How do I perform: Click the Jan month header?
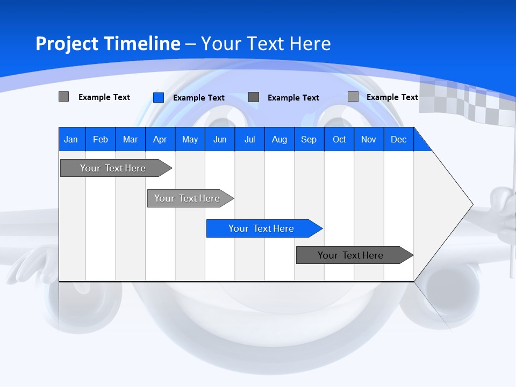point(71,139)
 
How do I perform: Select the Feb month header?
point(101,139)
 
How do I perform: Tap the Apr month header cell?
point(160,139)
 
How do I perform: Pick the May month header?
point(190,139)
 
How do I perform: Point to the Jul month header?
point(249,139)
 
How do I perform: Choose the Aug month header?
point(279,139)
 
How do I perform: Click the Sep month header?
point(309,139)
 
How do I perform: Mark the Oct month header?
point(339,139)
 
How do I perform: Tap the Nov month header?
point(369,139)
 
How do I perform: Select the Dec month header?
point(398,139)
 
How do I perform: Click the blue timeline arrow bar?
point(263,228)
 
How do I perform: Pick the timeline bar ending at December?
point(353,255)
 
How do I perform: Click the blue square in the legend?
point(159,97)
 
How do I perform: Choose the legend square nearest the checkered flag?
point(353,97)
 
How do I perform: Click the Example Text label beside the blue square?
point(199,98)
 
